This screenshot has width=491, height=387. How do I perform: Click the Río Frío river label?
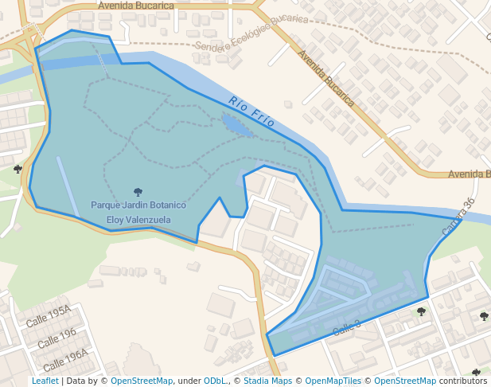click(251, 111)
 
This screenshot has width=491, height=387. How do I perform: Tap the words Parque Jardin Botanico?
click(138, 205)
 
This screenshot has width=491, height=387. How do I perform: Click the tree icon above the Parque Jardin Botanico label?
click(138, 192)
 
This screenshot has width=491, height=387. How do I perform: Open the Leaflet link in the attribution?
click(45, 381)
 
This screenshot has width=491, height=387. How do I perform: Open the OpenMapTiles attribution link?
click(333, 381)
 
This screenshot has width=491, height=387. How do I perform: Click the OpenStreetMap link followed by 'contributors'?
click(405, 381)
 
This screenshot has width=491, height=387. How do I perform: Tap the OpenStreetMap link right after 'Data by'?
click(142, 381)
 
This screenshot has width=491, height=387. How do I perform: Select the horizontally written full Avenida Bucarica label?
click(136, 6)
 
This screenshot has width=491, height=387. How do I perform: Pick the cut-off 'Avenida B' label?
click(470, 174)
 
